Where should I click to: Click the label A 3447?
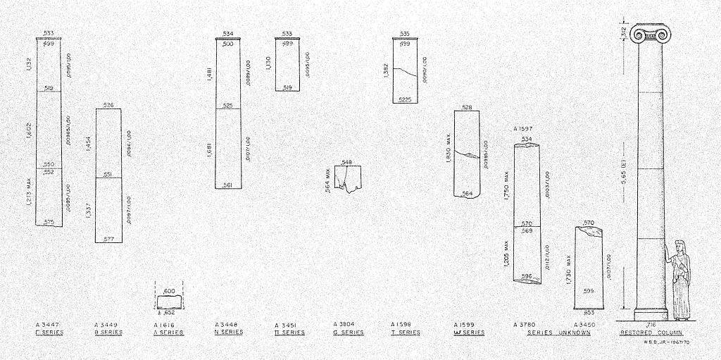pyautogui.click(x=47, y=325)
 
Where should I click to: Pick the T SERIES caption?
pyautogui.click(x=406, y=332)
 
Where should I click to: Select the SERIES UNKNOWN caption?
pyautogui.click(x=559, y=332)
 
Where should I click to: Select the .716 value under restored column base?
pyautogui.click(x=651, y=324)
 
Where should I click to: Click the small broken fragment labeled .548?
pyautogui.click(x=349, y=178)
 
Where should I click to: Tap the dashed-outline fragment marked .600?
pyautogui.click(x=169, y=301)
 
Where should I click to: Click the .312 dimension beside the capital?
pyautogui.click(x=624, y=31)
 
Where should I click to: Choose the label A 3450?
pyautogui.click(x=584, y=325)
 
